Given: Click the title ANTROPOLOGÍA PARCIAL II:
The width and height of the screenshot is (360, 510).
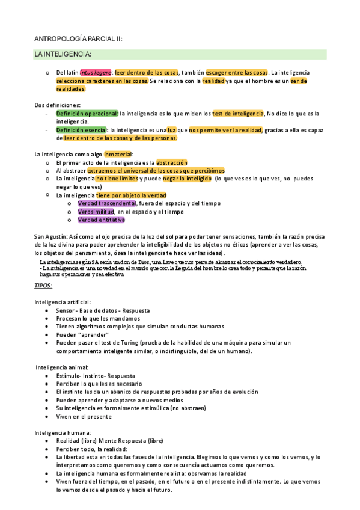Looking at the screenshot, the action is coord(79,38).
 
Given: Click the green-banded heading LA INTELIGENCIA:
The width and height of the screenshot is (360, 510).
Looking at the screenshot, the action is coord(63,55).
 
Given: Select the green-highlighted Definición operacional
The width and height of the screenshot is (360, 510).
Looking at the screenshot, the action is coord(87,113).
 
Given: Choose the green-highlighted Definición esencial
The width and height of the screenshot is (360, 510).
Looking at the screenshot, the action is coord(82,130).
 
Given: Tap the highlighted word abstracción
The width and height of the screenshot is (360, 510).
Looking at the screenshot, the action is coord(172,162).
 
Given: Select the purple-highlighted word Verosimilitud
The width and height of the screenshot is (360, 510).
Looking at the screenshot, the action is coord(97,212).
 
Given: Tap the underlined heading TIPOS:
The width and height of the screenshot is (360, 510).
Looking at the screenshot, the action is coord(43,285).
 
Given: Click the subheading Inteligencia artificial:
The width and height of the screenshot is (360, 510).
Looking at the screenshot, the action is coord(63,301).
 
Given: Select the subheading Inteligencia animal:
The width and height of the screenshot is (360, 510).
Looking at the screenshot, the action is coord(62,367).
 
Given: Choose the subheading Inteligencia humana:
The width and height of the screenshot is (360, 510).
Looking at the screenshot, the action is coord(63,432).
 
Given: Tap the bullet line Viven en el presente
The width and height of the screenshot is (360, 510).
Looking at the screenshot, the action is coord(84,416).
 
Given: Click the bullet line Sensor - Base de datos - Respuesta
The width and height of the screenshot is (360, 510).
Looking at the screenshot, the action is coord(103,310).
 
